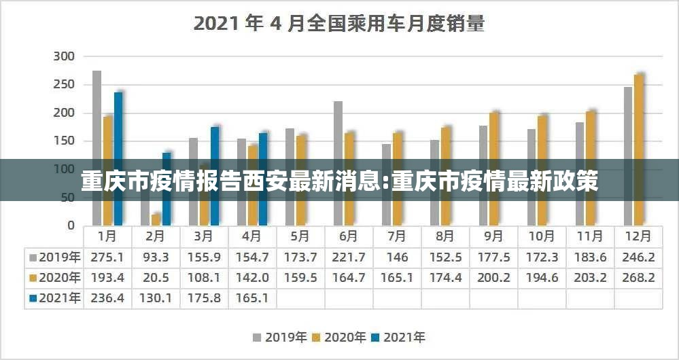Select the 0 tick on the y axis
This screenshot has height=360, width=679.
click(x=70, y=226)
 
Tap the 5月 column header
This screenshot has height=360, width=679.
click(x=300, y=237)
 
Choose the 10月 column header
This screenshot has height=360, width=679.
click(x=542, y=237)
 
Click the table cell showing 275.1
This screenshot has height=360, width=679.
click(x=107, y=257)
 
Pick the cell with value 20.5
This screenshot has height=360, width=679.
click(x=156, y=278)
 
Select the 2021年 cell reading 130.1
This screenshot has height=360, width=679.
click(x=156, y=298)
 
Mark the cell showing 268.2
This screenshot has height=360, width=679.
click(x=639, y=278)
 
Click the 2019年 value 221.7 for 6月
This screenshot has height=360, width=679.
click(x=349, y=257)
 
